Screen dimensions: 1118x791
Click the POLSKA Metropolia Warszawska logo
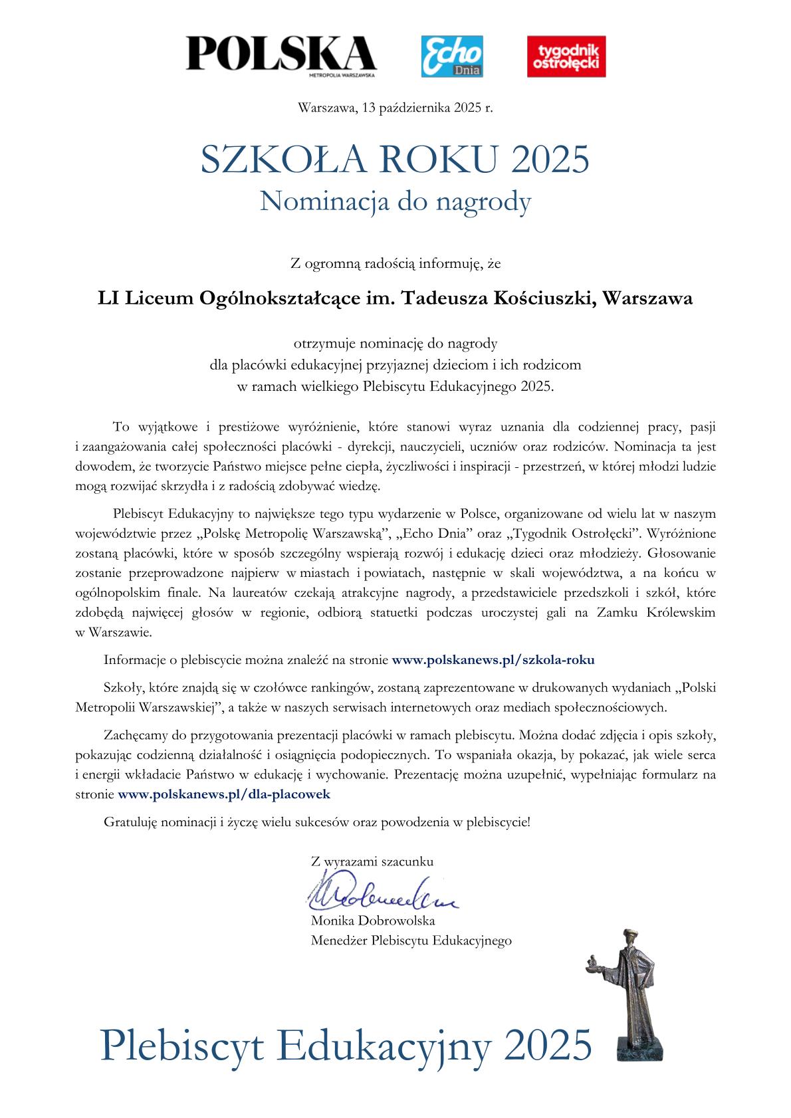pos(281,56)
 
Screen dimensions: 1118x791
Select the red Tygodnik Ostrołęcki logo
pos(566,56)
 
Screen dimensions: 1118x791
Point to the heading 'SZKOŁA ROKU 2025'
pos(395,160)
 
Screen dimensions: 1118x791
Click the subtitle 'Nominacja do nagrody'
pos(395,201)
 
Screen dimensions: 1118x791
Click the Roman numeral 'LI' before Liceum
pos(106,299)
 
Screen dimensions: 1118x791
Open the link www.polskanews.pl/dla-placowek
pos(223,794)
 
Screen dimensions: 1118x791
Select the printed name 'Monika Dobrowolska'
pos(373,921)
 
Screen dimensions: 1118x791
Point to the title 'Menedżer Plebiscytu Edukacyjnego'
pos(411,941)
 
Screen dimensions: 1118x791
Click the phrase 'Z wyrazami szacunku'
pos(372,861)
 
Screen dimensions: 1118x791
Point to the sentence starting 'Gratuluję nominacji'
pos(317,822)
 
